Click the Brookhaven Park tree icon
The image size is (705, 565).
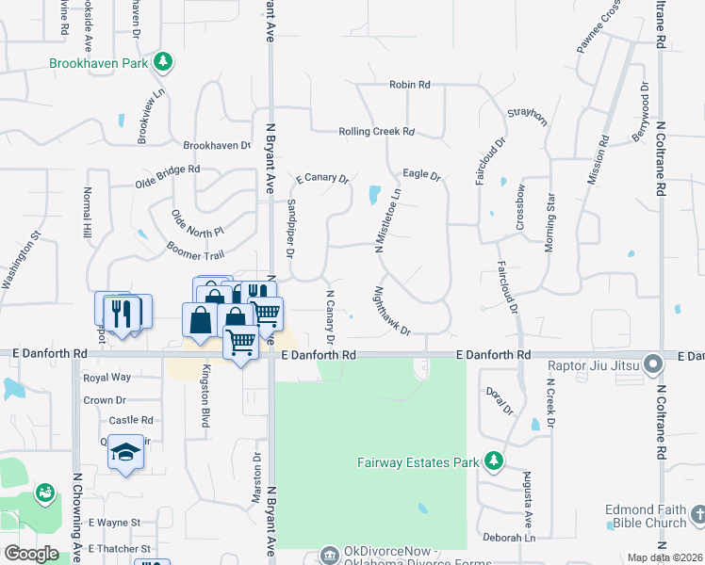coord(164,61)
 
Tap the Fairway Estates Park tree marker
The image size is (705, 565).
coord(492,460)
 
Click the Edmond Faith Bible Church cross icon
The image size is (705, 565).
coord(697,514)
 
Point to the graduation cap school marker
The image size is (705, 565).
coord(124,452)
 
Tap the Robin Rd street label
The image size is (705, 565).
coord(409,85)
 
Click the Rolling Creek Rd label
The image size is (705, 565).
coord(376,132)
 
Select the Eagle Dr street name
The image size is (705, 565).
coord(421,175)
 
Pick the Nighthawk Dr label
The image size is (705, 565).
coord(393,311)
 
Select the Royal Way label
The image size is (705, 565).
coord(107,378)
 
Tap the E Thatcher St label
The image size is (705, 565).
coord(119,548)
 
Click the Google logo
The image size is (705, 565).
coord(32,554)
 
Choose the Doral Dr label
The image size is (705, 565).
coord(497,400)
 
